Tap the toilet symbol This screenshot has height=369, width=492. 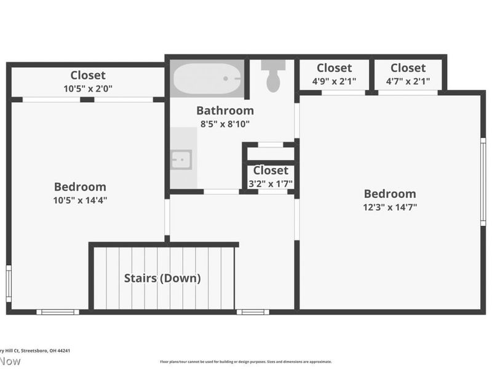pos(272,77)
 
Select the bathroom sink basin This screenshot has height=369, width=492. pos(181,159)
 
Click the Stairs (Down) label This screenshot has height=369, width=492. pos(162,278)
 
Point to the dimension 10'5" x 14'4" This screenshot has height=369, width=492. pos(80,200)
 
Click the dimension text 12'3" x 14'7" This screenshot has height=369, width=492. pos(389,207)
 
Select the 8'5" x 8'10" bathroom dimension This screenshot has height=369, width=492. pos(224,124)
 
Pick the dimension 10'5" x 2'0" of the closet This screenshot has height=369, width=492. pos(88,89)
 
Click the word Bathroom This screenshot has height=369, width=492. pos(224,111)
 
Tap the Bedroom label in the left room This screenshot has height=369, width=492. pos(80,186)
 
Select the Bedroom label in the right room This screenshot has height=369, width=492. pos(389,194)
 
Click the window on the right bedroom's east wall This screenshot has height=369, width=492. pos(483,181)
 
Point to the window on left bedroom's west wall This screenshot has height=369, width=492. pos(8,284)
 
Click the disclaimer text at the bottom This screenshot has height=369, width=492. pos(246,362)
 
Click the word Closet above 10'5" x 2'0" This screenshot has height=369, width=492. pos(88,75)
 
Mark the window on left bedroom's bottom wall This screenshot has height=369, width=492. pos(57,312)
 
